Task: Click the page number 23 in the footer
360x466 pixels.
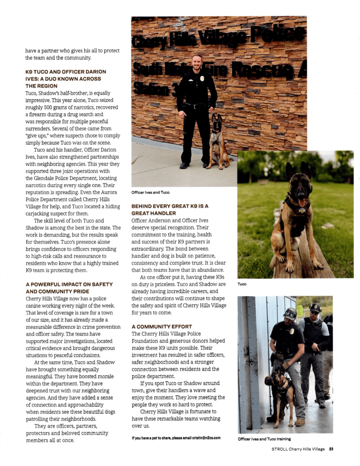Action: click(331, 449)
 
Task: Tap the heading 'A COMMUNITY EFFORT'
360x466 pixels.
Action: click(162, 327)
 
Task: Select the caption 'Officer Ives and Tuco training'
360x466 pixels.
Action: click(264, 439)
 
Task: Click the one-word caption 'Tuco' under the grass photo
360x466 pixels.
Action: click(242, 284)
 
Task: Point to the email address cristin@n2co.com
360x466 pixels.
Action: click(203, 438)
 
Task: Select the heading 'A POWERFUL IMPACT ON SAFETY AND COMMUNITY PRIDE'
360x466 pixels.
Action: click(68, 288)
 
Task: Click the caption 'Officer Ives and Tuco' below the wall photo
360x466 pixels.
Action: click(150, 192)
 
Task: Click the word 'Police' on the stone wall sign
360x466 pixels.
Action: click(283, 35)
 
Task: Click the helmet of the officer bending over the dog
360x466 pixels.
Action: click(289, 313)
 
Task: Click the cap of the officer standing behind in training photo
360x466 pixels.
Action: click(315, 307)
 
